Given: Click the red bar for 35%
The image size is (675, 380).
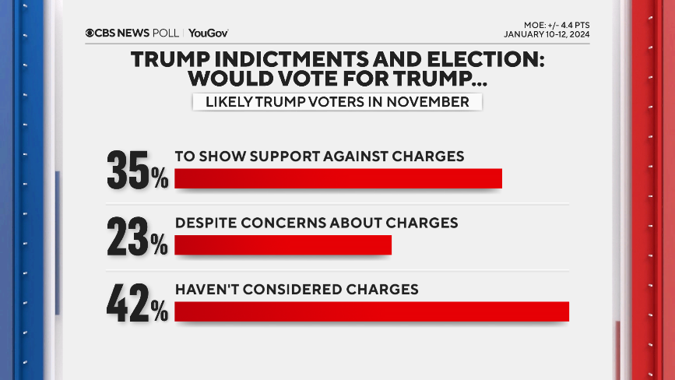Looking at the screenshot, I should tap(338, 178).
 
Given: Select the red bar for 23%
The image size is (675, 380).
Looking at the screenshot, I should tap(283, 245).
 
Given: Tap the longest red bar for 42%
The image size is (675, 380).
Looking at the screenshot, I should tap(371, 311).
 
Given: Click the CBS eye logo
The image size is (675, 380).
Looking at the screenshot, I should tap(90, 33).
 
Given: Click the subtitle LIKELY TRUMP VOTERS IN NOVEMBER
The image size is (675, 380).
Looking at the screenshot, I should tap(337, 101).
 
